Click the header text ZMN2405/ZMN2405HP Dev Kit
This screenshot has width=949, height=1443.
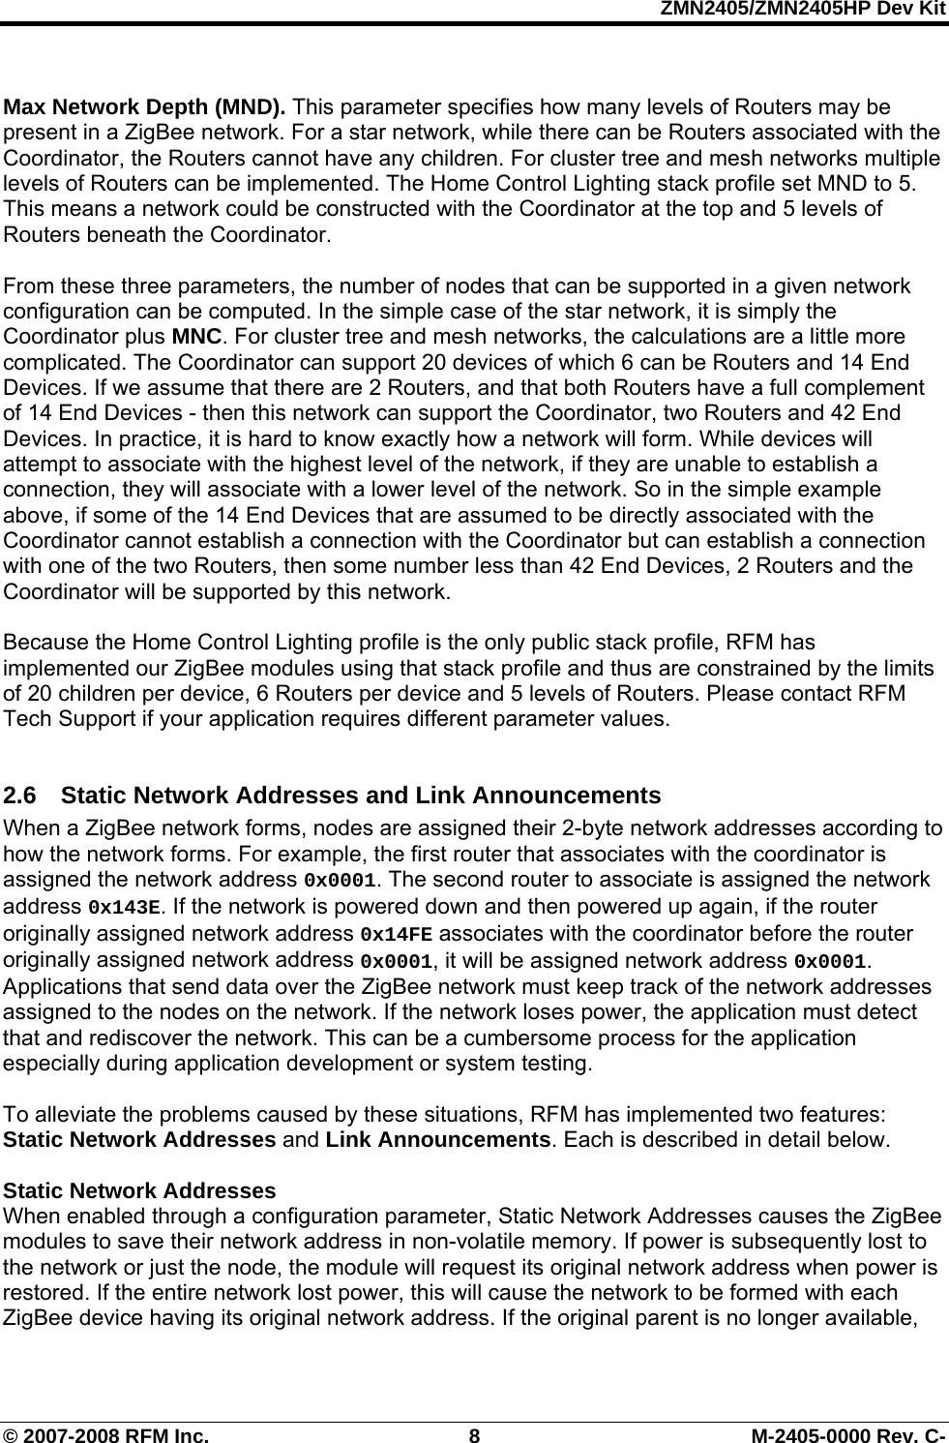tap(802, 9)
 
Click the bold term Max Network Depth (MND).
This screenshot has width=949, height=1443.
tap(145, 106)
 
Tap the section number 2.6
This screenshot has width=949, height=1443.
tap(21, 796)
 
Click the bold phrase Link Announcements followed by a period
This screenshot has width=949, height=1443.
tap(438, 1139)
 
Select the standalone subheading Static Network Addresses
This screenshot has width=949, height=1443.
tap(140, 1190)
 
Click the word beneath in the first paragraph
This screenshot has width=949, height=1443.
tap(121, 234)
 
